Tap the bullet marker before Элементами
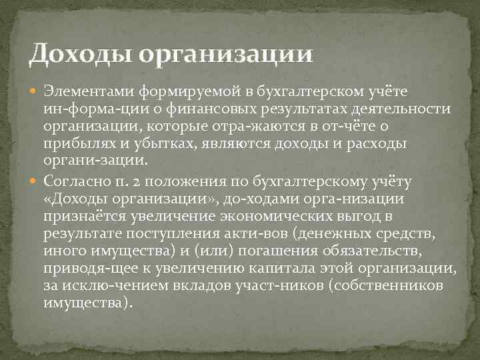click(35, 90)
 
